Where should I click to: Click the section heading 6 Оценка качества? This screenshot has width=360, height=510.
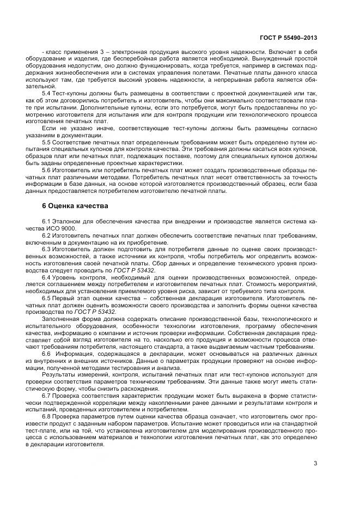72,207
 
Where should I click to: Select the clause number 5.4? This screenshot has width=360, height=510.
46,94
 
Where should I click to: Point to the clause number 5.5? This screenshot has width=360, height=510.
46,143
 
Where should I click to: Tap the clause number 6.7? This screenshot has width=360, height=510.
46,396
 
